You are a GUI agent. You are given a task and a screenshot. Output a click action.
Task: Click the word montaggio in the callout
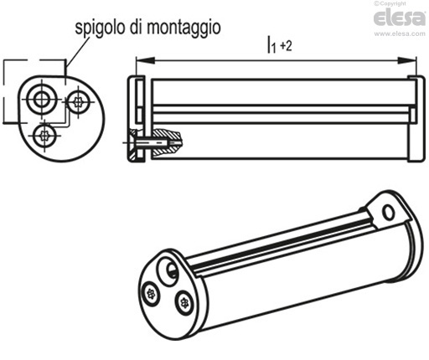[x=183, y=28]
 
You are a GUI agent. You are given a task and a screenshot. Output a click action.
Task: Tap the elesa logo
[x=400, y=18]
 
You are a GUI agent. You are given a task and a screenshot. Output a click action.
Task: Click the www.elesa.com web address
[x=400, y=33]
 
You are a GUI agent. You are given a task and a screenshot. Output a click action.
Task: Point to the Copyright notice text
[x=390, y=3]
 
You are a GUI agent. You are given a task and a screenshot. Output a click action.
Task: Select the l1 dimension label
[x=271, y=44]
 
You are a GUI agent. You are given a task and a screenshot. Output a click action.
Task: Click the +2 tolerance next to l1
[x=286, y=45]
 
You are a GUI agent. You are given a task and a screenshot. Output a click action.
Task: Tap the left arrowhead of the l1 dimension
[x=145, y=60]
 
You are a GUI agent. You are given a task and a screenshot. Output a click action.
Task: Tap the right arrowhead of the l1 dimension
[x=406, y=60]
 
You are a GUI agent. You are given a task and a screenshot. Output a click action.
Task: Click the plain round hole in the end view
[x=42, y=99]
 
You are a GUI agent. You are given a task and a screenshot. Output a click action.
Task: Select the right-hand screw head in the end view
[x=79, y=102]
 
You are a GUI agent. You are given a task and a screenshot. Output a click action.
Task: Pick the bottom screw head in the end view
[x=44, y=136]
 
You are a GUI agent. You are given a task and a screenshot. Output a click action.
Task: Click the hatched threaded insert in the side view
[x=168, y=141]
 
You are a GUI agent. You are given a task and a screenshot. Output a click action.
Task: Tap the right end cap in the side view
[x=416, y=118]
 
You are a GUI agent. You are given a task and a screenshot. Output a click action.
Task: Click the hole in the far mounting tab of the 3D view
[x=388, y=212]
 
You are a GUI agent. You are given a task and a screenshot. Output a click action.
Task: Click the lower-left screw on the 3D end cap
[x=151, y=294]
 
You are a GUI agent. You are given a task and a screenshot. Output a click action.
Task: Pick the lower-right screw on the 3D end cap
[x=183, y=302]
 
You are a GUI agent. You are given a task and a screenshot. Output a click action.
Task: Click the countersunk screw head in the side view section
[x=133, y=143]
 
